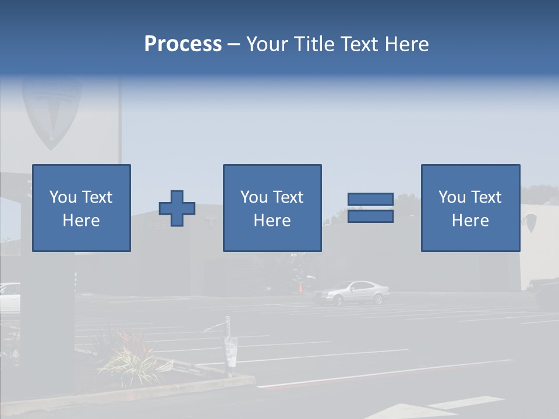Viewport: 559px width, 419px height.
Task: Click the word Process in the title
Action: tap(183, 44)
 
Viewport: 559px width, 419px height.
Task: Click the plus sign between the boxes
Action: tap(177, 208)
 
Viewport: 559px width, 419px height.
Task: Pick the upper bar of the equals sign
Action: tap(370, 199)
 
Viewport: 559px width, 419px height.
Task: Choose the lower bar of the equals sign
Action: tap(370, 216)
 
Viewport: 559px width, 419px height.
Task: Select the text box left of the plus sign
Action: tap(81, 208)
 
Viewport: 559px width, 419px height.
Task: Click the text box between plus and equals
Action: tap(272, 208)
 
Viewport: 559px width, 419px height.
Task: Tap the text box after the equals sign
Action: tap(470, 208)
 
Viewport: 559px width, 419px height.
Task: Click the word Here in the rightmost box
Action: tap(470, 221)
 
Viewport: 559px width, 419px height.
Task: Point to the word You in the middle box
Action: tap(254, 197)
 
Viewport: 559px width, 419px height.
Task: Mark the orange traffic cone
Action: tap(300, 287)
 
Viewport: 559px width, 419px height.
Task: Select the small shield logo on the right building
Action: tap(530, 222)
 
